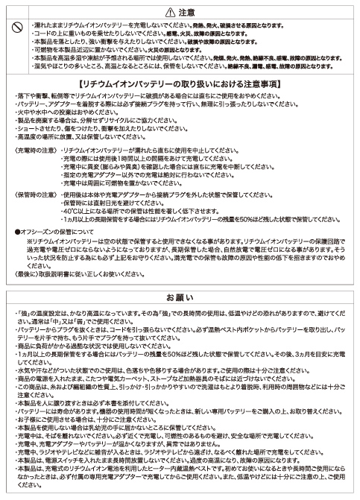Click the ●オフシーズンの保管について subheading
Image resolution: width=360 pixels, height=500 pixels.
point(55,232)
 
